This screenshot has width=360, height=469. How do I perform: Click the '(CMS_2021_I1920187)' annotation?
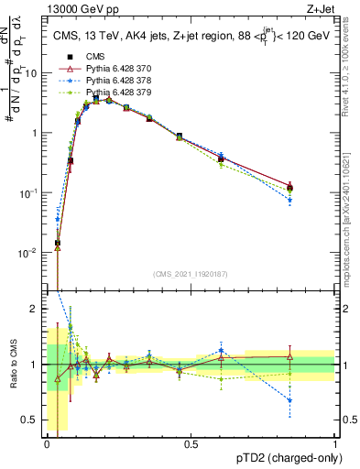pos(191,274)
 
